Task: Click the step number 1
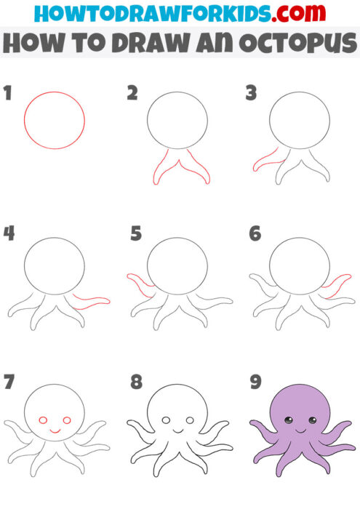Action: coord(9,92)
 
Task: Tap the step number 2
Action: coord(132,92)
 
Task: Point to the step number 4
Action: coord(9,235)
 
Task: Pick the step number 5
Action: coord(135,235)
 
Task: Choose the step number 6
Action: coord(255,235)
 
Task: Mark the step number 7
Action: coord(9,380)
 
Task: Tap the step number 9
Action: coord(255,380)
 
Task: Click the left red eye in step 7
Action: coord(43,421)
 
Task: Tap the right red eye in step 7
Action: coord(67,421)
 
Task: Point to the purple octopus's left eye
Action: coord(288,420)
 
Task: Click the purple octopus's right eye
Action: coord(311,420)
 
